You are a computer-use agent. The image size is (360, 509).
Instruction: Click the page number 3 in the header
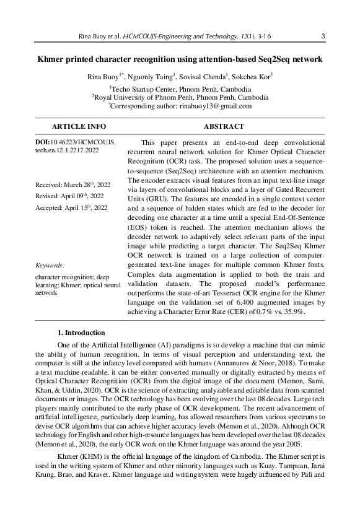pos(324,37)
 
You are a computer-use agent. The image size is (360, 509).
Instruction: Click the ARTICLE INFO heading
pos(79,126)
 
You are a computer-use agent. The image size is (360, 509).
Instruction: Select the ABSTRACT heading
pos(224,126)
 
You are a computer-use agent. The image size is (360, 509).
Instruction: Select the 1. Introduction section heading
pos(81,333)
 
